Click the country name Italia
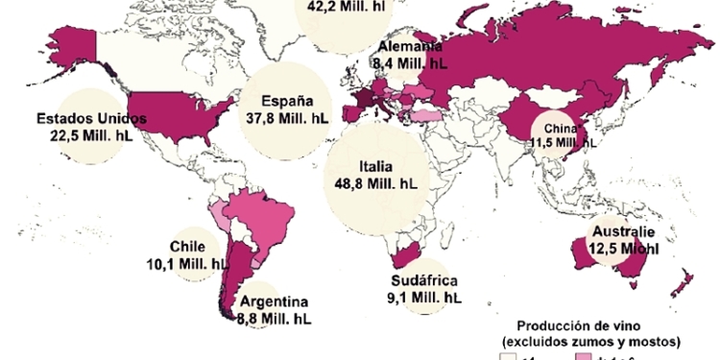375,166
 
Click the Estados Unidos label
91,118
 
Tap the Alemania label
410,47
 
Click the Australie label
623,232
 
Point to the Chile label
187,246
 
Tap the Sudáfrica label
423,282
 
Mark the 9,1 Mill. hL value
422,299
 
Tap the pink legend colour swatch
584,356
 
